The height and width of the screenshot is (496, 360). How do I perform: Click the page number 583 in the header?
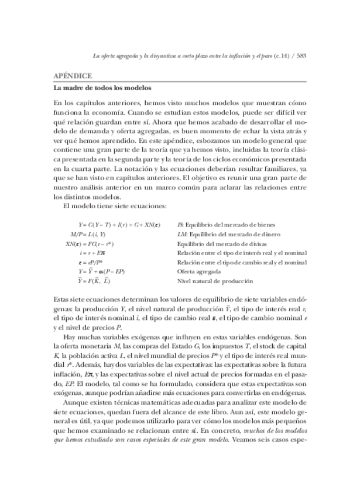(302, 56)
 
